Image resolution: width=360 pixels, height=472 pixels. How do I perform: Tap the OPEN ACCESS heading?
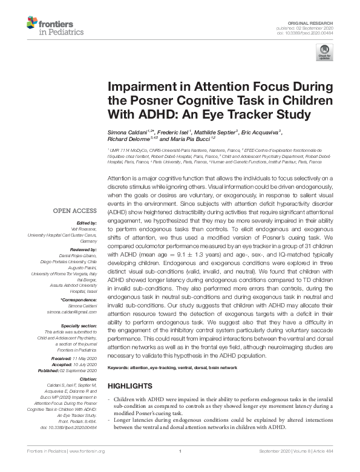pyautogui.click(x=76, y=211)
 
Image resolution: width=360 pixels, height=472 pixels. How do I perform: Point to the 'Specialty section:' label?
pyautogui.click(x=79, y=326)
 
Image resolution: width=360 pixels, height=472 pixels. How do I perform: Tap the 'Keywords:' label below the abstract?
pyautogui.click(x=120, y=368)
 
